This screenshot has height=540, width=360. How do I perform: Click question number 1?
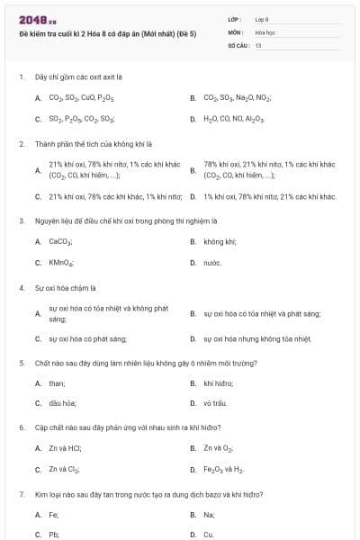(x=21, y=78)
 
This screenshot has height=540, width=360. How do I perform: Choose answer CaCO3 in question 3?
(x=60, y=241)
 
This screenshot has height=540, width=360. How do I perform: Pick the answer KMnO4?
(x=61, y=263)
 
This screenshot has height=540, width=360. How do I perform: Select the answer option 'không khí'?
(x=220, y=241)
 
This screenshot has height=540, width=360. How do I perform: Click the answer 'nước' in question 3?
(x=212, y=263)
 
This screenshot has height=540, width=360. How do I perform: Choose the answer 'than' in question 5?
(x=57, y=382)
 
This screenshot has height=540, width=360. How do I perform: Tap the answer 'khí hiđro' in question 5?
(x=219, y=382)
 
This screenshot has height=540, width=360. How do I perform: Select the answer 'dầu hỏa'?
(x=62, y=403)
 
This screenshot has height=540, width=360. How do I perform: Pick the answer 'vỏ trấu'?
(x=215, y=403)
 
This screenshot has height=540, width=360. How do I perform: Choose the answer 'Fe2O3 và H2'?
(x=223, y=470)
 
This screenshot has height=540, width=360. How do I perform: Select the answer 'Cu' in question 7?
(x=209, y=535)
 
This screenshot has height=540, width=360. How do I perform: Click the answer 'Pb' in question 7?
(x=53, y=535)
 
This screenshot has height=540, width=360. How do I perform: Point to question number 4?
(x=21, y=288)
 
